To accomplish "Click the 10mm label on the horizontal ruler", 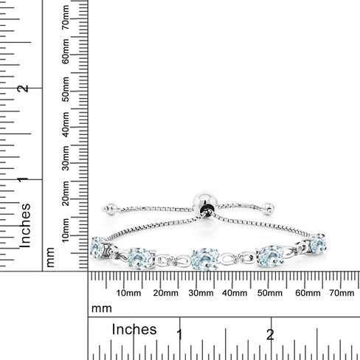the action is (x=128, y=293).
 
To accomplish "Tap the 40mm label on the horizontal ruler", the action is (x=235, y=293).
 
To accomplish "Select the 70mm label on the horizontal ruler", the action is (x=342, y=293).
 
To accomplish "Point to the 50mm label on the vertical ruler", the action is (x=66, y=89).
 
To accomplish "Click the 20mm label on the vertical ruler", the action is (x=66, y=193).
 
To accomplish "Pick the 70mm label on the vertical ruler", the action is (x=66, y=17).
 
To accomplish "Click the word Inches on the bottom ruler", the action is (x=134, y=330).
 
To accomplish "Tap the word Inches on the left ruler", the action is (x=25, y=226).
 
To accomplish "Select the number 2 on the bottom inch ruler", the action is (x=270, y=335).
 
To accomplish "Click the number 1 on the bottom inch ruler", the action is (x=179, y=335).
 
